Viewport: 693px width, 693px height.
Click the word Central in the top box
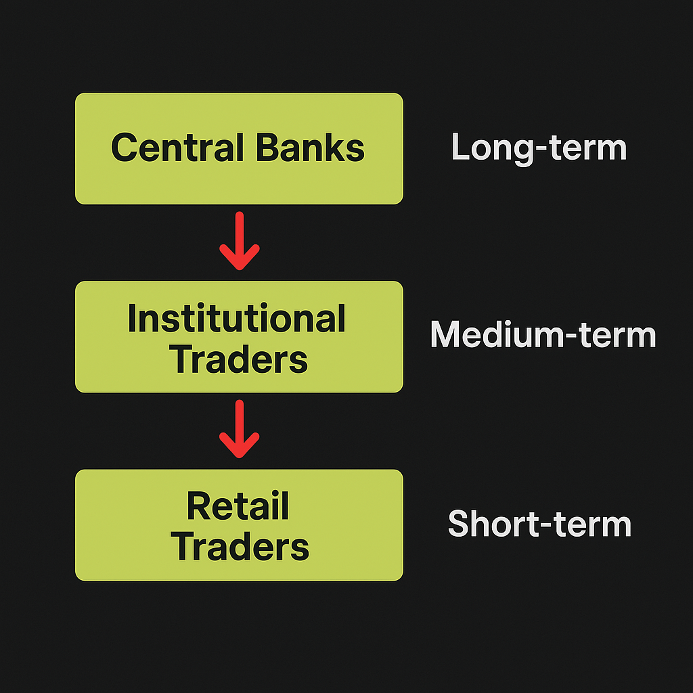[x=177, y=148]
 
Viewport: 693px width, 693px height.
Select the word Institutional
[x=236, y=318]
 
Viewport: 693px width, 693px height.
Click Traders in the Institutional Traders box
[x=239, y=359]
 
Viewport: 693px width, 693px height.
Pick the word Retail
[x=238, y=506]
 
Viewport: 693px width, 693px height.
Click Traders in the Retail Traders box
[x=240, y=547]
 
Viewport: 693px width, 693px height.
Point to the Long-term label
[x=539, y=148]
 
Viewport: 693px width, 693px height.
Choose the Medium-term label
[x=543, y=334]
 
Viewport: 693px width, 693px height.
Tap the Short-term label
[x=539, y=523]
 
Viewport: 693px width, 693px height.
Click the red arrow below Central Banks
[x=239, y=241]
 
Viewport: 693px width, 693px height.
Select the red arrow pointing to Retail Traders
[x=239, y=429]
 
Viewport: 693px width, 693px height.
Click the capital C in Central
[x=125, y=148]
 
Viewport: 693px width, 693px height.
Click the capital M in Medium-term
[x=447, y=334]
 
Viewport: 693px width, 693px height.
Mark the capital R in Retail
[x=200, y=506]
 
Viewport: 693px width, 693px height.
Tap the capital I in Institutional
[x=131, y=318]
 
